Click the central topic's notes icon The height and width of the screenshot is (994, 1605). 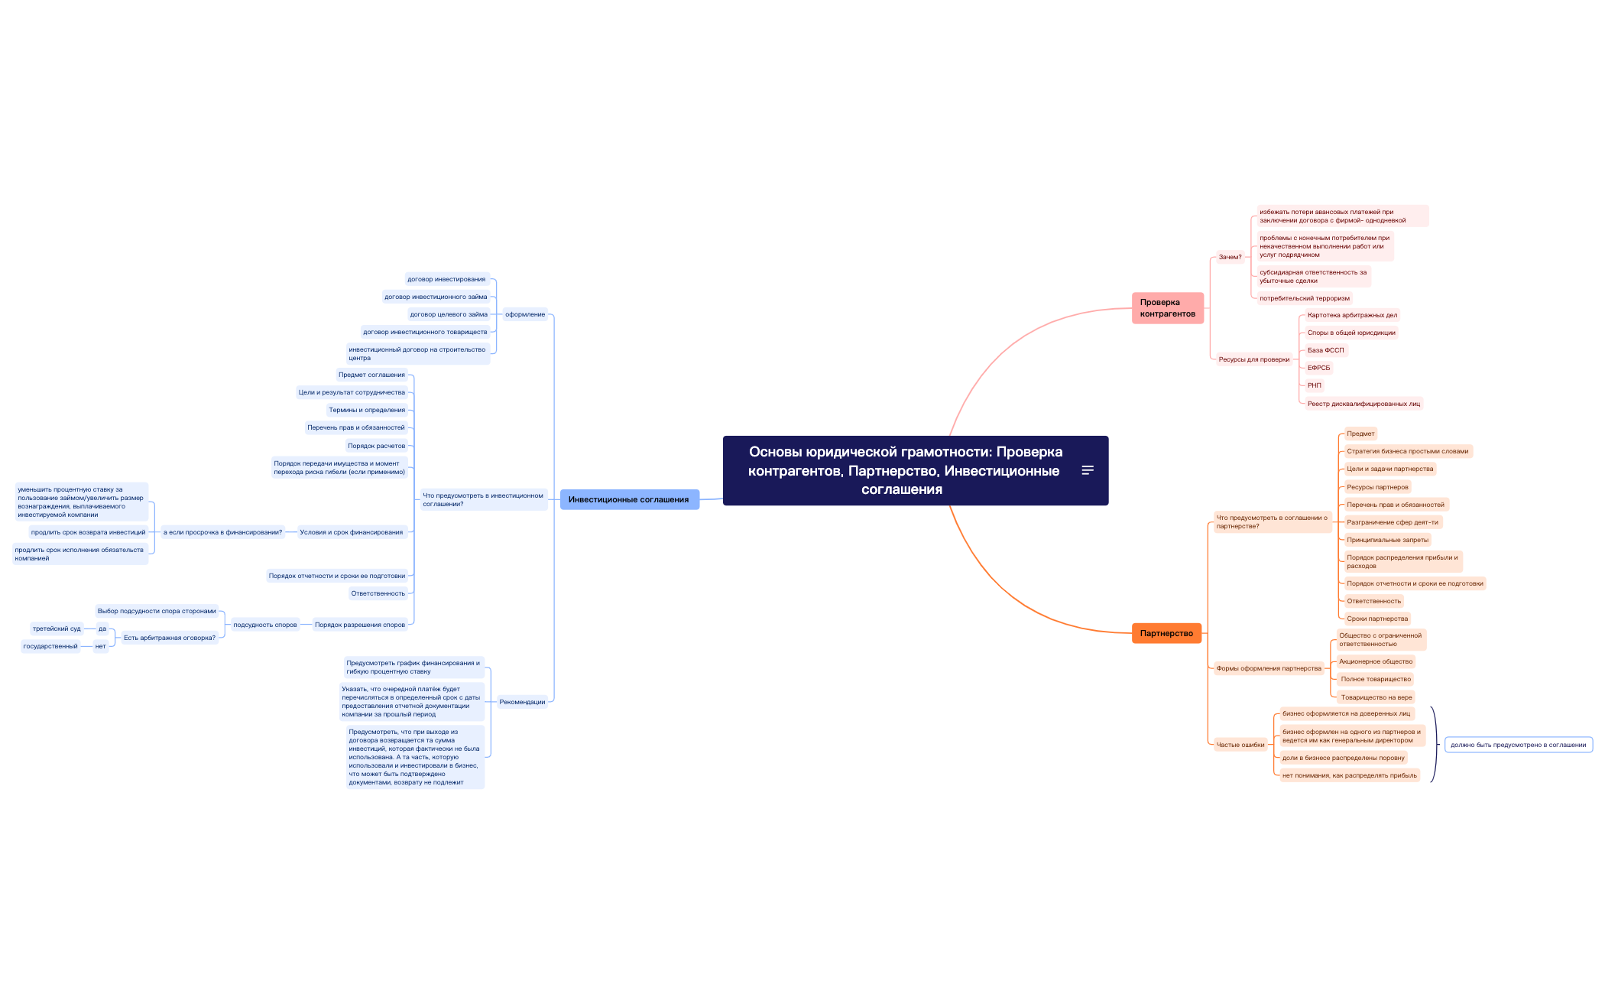coord(1088,470)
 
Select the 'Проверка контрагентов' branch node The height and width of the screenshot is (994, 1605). coord(1167,308)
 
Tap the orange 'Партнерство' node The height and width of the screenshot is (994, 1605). coord(1166,633)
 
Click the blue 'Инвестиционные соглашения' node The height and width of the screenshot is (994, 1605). coord(629,499)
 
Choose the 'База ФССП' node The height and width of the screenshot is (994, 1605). coord(1325,350)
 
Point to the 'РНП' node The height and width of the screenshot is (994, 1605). coord(1315,385)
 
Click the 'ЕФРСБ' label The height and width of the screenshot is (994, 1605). coord(1319,368)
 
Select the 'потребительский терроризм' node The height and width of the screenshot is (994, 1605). coord(1305,298)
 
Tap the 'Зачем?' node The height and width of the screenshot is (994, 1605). coord(1230,257)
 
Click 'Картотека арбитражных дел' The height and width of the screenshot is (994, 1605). coord(1352,315)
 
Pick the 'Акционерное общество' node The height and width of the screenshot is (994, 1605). coord(1376,661)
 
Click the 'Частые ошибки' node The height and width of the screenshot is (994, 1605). coord(1240,745)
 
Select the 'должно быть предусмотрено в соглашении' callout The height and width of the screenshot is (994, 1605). coord(1518,745)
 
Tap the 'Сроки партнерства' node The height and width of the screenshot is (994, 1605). coord(1377,619)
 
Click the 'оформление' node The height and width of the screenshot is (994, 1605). coord(525,314)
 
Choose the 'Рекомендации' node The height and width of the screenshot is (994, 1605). coord(522,702)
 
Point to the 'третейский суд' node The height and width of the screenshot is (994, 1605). coord(57,629)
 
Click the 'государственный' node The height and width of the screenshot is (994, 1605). coord(50,646)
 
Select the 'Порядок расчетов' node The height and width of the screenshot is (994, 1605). coord(376,446)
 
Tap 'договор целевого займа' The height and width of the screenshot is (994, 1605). coord(449,314)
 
